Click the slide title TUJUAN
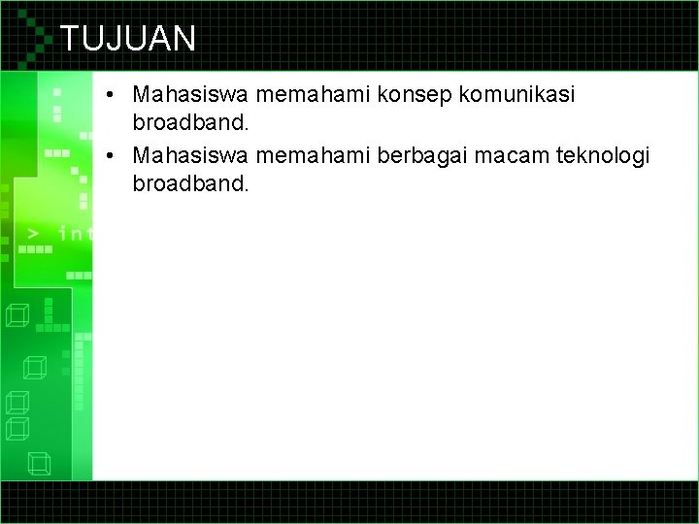[x=127, y=38]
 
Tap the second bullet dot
[x=114, y=155]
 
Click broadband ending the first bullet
[x=190, y=125]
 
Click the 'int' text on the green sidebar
[x=75, y=233]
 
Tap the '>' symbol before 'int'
[x=34, y=233]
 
